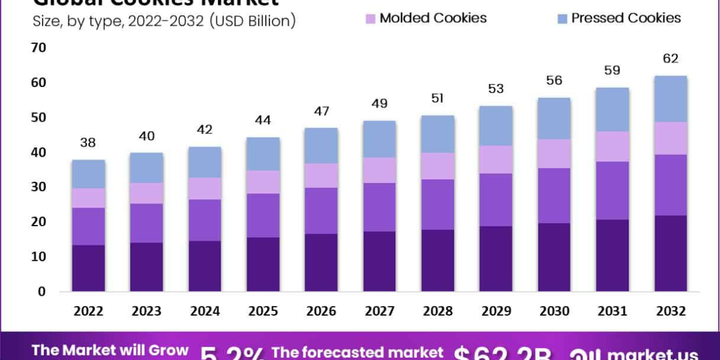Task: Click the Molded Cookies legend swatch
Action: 370,18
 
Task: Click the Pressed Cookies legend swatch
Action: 562,18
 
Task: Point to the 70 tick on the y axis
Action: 38,47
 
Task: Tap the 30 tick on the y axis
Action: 38,187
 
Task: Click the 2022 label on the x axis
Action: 88,311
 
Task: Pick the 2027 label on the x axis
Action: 379,311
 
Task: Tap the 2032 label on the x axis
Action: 670,311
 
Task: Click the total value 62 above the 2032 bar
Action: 670,59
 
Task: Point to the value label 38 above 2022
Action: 88,143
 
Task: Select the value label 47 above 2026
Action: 321,111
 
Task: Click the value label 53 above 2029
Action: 496,89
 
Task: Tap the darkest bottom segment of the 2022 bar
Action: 88,268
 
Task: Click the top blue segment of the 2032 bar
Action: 670,99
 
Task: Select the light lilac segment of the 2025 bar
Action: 263,182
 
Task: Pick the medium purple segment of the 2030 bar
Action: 554,196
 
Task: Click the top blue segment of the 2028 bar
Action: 437,134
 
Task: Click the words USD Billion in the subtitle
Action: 252,22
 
